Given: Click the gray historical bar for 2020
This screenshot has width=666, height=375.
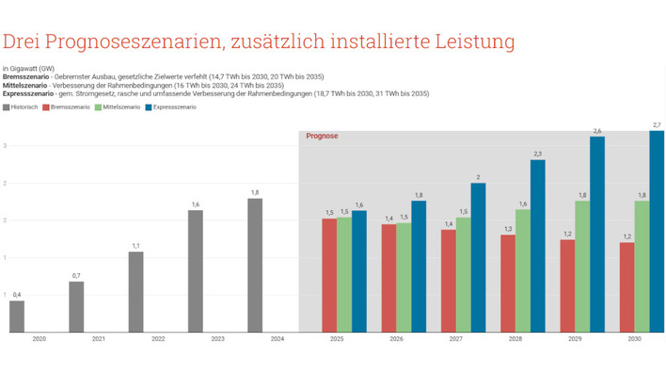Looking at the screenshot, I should pos(17,317).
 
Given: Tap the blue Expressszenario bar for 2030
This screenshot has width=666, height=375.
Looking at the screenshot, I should pos(657,232).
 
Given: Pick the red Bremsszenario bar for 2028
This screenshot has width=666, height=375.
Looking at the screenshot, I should pos(508,284).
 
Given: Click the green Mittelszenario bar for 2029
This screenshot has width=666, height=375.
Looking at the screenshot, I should pos(582,267).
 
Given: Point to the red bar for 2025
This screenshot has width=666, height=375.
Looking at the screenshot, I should pos(329,275).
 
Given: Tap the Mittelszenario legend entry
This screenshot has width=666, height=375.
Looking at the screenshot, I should pos(121,107).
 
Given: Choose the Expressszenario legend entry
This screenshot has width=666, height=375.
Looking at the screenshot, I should pos(174,107).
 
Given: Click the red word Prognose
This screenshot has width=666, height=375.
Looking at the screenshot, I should pos(322,136).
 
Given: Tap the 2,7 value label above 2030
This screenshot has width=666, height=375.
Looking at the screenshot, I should pos(657,124).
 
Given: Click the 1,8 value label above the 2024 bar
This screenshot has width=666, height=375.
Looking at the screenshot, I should pos(255,192).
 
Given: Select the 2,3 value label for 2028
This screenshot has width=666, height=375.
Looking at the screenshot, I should pos(537,154).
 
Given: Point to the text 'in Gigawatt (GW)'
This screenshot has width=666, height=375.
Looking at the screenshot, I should pos(28,69).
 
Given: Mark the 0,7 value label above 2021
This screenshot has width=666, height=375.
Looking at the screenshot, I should pos(76,275).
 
